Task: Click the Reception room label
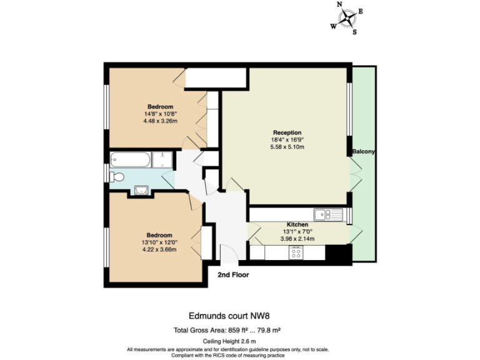(287, 132)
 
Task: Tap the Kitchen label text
(297, 224)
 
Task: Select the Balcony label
(362, 152)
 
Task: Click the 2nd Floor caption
(233, 274)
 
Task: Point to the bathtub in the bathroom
(131, 161)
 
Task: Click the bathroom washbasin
(141, 190)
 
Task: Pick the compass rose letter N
(340, 4)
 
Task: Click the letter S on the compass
(354, 32)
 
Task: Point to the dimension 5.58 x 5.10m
(287, 147)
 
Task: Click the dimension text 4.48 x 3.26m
(161, 121)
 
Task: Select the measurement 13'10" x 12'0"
(160, 242)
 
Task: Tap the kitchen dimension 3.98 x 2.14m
(297, 239)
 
